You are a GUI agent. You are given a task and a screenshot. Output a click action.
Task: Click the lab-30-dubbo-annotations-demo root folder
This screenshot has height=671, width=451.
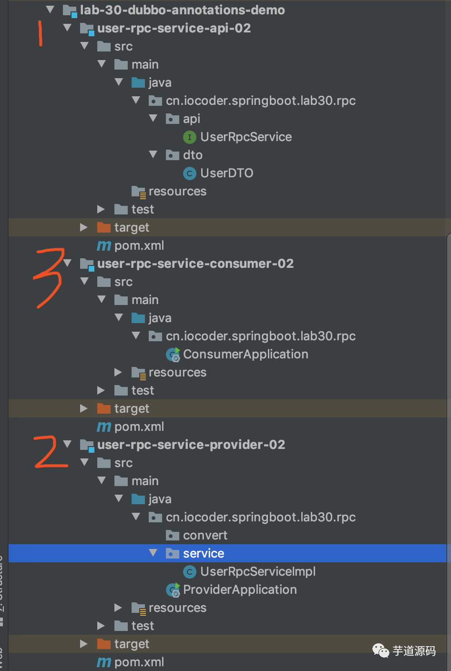(x=182, y=10)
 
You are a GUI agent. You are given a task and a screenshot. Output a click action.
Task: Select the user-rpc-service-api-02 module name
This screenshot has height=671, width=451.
(x=174, y=28)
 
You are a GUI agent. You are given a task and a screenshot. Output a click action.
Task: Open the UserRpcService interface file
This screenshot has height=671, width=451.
(x=246, y=137)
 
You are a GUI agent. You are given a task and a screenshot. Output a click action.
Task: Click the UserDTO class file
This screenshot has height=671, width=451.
(x=226, y=173)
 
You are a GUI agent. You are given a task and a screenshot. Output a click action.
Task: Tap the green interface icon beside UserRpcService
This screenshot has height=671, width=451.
(x=189, y=137)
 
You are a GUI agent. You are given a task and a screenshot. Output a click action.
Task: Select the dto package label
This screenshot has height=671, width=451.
(x=193, y=155)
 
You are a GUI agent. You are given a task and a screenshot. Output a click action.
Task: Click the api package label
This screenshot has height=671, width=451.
(x=191, y=119)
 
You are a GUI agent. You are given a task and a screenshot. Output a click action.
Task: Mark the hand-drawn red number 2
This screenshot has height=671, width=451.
(x=50, y=452)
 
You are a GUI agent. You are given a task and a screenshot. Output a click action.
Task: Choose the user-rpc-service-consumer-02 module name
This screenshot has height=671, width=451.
(x=195, y=264)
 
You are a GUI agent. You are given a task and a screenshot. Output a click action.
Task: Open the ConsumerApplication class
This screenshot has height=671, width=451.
(x=245, y=354)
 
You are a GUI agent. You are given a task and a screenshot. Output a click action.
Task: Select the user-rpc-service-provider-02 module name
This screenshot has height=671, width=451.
(x=191, y=445)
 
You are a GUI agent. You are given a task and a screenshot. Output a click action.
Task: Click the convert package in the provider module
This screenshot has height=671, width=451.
(x=205, y=535)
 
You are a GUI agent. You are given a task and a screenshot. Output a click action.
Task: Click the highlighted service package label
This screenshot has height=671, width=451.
(x=203, y=553)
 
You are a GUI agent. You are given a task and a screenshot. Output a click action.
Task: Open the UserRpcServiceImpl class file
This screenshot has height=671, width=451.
(x=257, y=571)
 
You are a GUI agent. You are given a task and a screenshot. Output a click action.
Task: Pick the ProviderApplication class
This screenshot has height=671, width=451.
(x=239, y=590)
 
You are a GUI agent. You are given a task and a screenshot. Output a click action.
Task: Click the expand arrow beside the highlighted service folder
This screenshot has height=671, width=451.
(x=153, y=553)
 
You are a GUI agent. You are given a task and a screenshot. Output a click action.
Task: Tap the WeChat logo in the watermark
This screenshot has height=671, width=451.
(x=380, y=651)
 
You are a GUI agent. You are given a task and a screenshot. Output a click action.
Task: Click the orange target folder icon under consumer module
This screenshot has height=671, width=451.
(x=103, y=408)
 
